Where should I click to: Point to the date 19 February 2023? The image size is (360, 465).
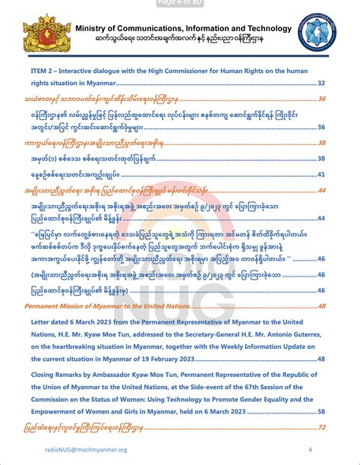pyautogui.click(x=198, y=359)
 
